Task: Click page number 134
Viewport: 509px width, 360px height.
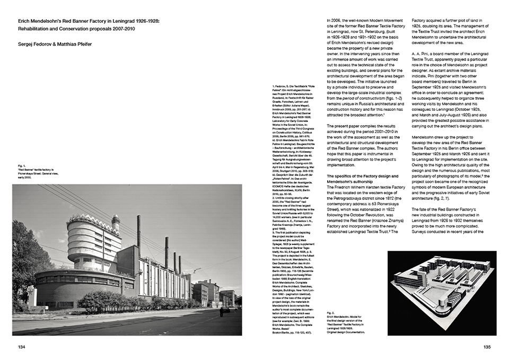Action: click(21, 347)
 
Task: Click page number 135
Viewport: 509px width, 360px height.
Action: click(488, 347)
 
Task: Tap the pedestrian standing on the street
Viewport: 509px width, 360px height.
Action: click(220, 313)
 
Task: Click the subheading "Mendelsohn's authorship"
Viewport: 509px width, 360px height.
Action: click(349, 181)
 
